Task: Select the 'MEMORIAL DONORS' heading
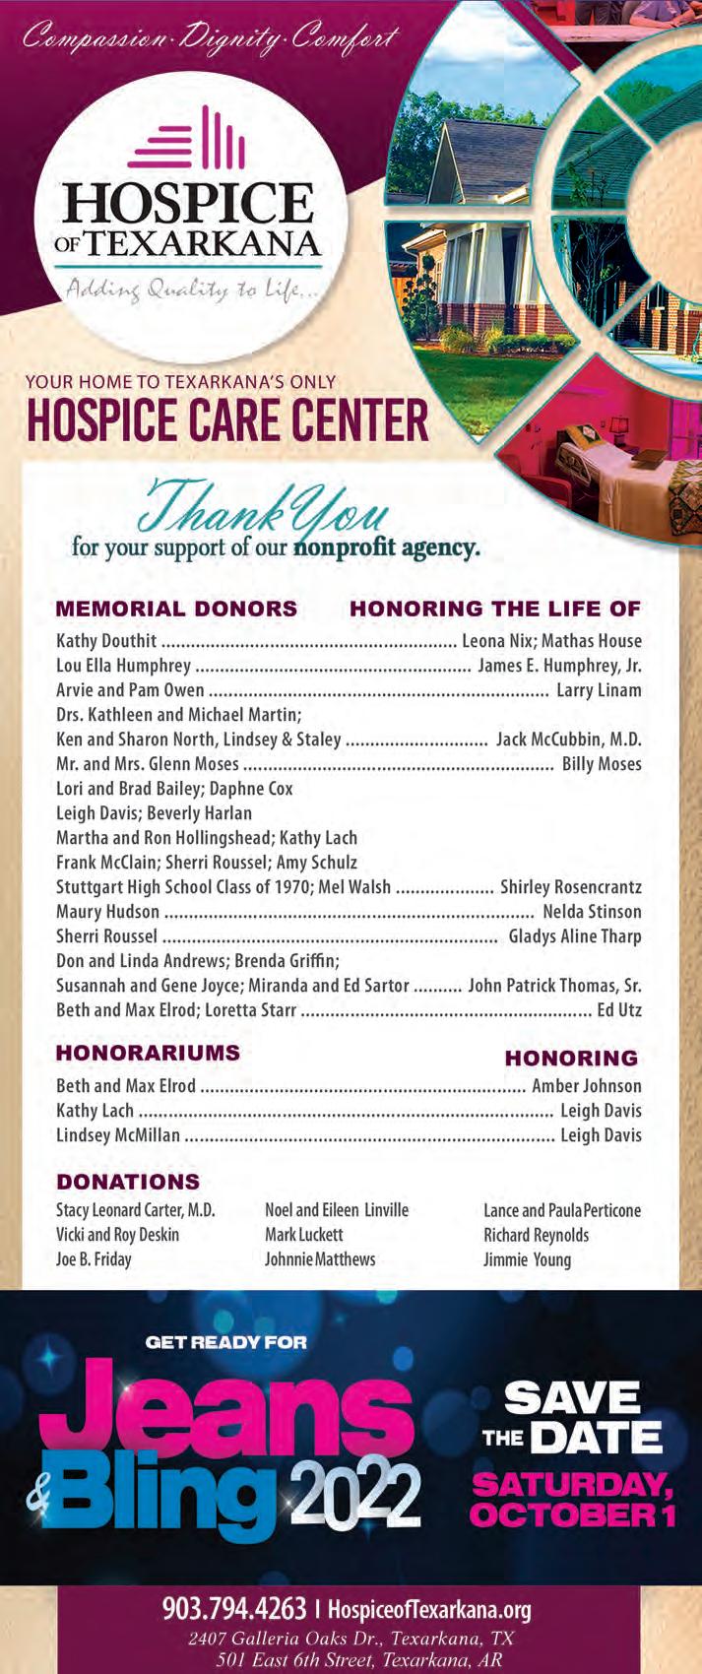click(x=176, y=609)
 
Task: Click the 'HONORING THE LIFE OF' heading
click(x=495, y=609)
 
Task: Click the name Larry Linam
click(x=599, y=690)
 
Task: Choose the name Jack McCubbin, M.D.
click(x=569, y=740)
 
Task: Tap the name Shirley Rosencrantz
click(x=571, y=887)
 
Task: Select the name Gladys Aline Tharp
click(x=575, y=936)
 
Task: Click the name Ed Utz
click(x=619, y=1010)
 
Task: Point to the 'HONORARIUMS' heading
click(x=148, y=1053)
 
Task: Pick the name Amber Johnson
click(x=587, y=1086)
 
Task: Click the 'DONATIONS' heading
click(x=128, y=1182)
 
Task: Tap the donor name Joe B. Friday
click(x=94, y=1259)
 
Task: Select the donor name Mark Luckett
click(x=304, y=1235)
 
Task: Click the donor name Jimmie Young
click(x=527, y=1259)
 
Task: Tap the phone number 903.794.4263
click(x=234, y=1610)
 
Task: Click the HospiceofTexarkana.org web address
click(x=429, y=1611)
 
